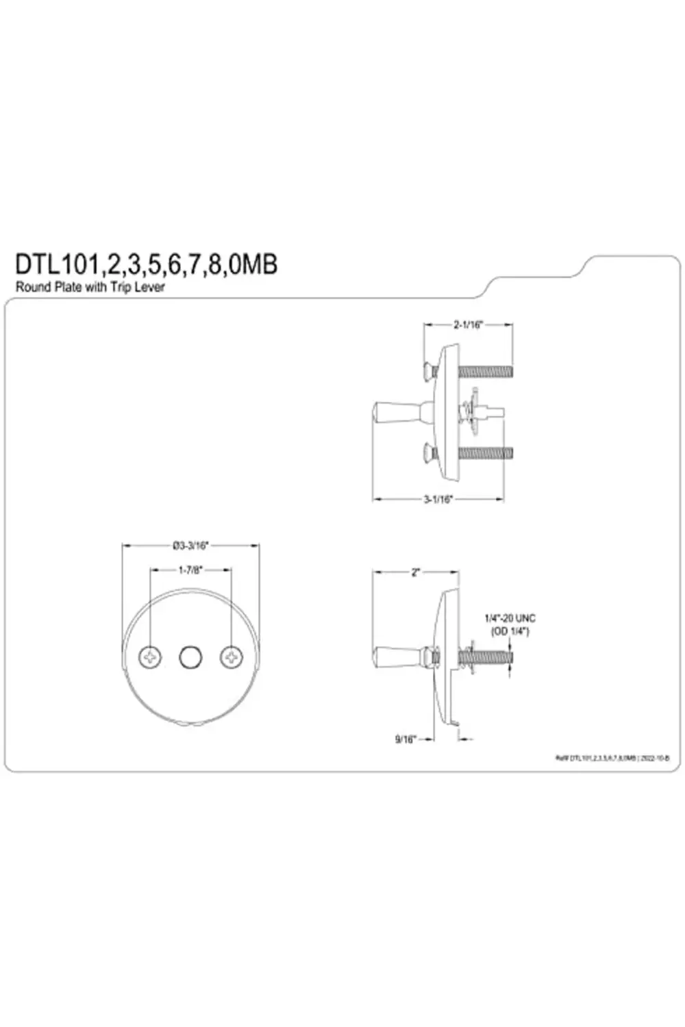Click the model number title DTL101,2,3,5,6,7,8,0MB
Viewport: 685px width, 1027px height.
pyautogui.click(x=146, y=264)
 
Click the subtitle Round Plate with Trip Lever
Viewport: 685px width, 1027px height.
pyautogui.click(x=90, y=288)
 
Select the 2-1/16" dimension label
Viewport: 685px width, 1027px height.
pyautogui.click(x=468, y=325)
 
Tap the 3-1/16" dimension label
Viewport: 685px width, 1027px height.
pyautogui.click(x=438, y=499)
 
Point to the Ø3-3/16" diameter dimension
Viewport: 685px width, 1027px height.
pyautogui.click(x=190, y=546)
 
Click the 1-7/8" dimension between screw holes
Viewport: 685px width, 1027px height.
pyautogui.click(x=190, y=570)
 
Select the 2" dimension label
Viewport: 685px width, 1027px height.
pyautogui.click(x=415, y=572)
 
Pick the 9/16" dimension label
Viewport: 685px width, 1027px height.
pyautogui.click(x=405, y=739)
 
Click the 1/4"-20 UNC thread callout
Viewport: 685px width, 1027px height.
pyautogui.click(x=510, y=618)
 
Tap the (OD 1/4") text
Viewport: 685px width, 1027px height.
pyautogui.click(x=510, y=631)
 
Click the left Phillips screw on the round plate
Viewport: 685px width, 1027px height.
pyautogui.click(x=150, y=657)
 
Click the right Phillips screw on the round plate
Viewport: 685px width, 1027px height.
pyautogui.click(x=232, y=657)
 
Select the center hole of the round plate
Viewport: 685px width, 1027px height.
pyautogui.click(x=190, y=657)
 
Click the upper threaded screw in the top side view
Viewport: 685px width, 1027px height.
pyautogui.click(x=485, y=372)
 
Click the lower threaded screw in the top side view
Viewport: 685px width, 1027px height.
pyautogui.click(x=485, y=453)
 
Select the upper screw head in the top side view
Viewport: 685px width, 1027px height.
pyautogui.click(x=428, y=372)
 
